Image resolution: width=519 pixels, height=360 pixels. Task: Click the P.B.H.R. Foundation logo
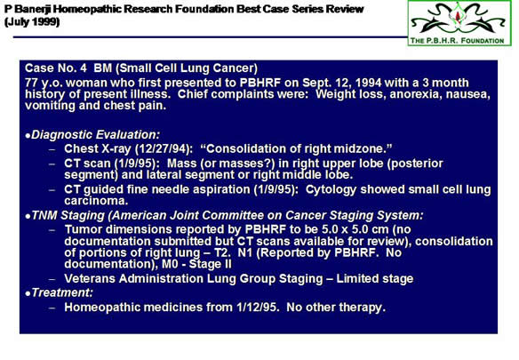pos(459,23)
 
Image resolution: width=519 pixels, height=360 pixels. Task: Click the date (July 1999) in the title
pos(32,22)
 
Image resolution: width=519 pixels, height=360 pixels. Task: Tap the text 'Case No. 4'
pos(56,68)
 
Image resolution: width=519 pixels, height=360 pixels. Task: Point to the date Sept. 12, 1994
pos(342,83)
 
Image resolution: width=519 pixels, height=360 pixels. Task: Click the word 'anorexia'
pos(415,94)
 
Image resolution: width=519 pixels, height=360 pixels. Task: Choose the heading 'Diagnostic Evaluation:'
pos(96,135)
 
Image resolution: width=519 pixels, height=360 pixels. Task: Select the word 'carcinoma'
pos(94,201)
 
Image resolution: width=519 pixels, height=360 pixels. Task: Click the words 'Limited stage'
pos(375,279)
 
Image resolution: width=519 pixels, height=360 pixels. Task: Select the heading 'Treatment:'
pos(62,292)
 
